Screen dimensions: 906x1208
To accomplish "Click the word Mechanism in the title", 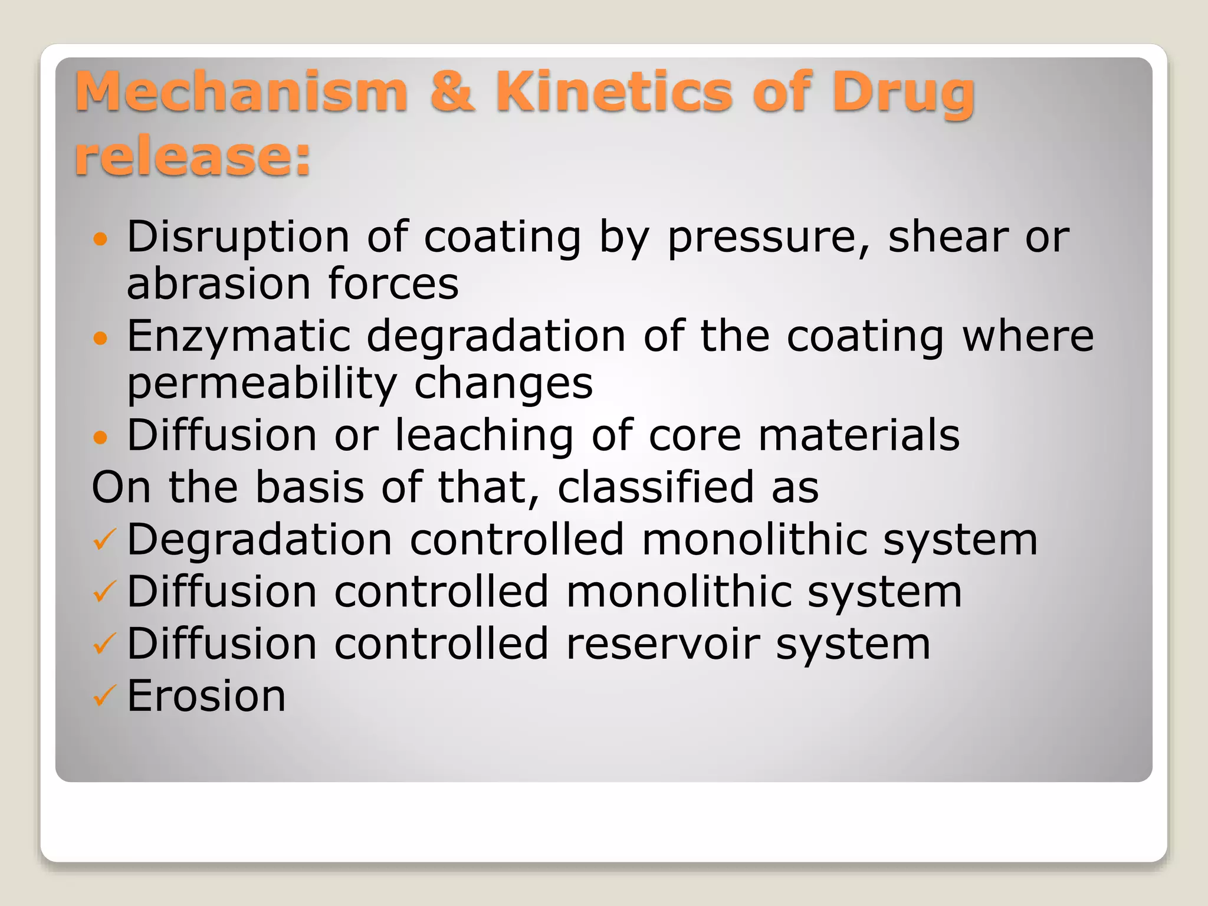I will [241, 92].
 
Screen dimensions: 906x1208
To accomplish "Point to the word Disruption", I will [238, 237].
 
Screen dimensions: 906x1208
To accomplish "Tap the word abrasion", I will [218, 284].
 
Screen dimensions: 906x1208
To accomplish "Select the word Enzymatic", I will [238, 337].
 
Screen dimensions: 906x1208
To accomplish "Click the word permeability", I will [262, 384].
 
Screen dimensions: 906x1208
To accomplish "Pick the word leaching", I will [484, 435].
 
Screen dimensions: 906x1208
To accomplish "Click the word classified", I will [655, 487].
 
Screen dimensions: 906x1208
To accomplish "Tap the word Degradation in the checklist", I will [260, 540].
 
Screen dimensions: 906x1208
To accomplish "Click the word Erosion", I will [206, 696].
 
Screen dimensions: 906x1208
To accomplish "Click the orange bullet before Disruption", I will [101, 239].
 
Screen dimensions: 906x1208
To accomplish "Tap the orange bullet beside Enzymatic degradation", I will [101, 338].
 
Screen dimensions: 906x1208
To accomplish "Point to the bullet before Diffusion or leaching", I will [101, 437].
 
